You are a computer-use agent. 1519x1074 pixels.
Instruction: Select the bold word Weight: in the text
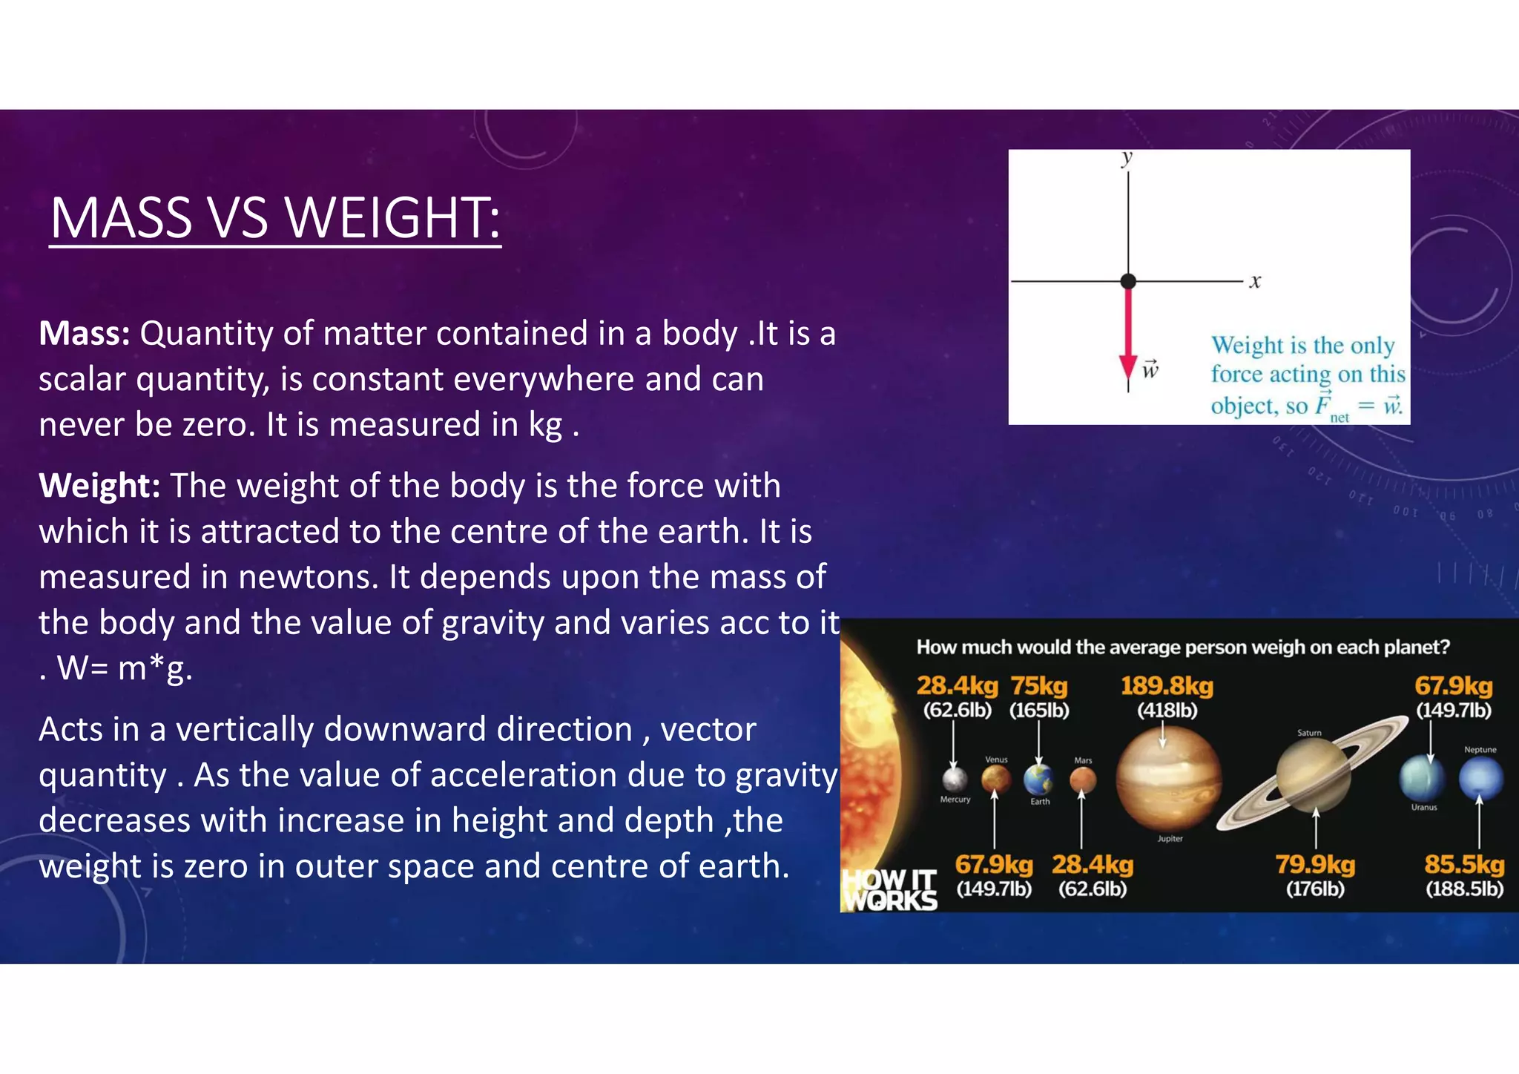99,486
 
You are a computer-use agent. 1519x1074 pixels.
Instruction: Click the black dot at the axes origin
1128,281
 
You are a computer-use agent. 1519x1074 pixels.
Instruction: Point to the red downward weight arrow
1128,334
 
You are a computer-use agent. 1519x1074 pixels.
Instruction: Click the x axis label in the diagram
1255,281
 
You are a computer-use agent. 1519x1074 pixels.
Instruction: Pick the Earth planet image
1039,779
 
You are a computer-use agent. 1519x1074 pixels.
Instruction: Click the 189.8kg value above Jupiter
1167,686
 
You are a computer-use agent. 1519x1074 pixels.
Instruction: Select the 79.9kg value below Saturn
1315,865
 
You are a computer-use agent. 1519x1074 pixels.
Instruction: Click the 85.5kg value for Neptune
1464,865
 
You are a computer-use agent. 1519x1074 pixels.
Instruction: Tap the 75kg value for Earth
1039,686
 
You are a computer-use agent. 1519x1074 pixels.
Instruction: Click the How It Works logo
890,890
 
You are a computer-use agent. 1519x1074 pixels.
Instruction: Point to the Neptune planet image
1480,778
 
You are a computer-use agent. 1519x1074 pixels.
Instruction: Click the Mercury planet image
955,780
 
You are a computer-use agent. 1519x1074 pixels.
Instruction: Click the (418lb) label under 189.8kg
1167,711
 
